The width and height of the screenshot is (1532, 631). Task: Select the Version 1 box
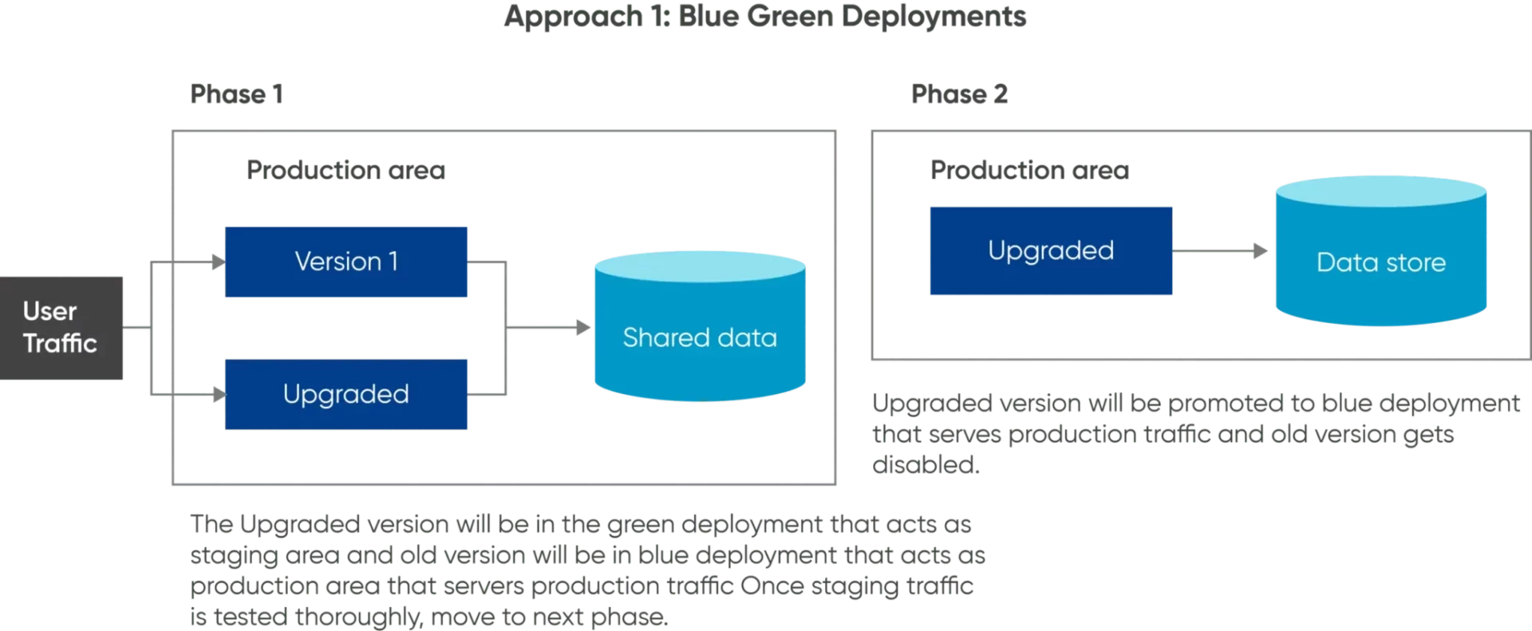[x=346, y=262]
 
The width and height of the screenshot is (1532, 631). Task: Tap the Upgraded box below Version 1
[x=346, y=395]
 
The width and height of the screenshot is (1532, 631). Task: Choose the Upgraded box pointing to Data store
[x=1050, y=251]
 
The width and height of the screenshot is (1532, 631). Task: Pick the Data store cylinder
[x=1381, y=263]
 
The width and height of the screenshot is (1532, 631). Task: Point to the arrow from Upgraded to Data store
[x=1221, y=251]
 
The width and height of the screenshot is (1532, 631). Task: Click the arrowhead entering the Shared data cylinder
[x=585, y=325]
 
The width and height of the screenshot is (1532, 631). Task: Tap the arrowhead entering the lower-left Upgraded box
[x=216, y=393]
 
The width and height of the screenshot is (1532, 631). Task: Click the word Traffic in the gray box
[x=60, y=344]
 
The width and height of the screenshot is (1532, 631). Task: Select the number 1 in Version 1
[x=393, y=262]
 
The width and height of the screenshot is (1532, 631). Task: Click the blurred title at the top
[x=764, y=18]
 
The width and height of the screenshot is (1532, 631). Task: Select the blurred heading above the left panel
[x=235, y=97]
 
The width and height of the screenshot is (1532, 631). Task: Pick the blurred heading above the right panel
[x=958, y=97]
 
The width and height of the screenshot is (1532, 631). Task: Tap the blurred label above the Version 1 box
[x=344, y=170]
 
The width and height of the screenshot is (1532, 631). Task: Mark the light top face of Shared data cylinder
[x=701, y=266]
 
